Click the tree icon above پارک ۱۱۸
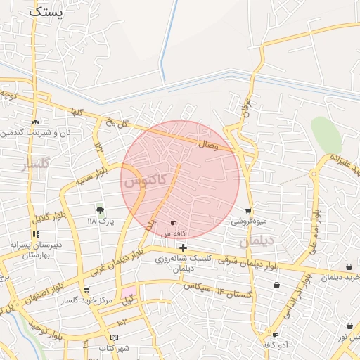[x=99, y=210]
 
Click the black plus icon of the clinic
[x=183, y=247]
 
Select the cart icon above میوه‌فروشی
[x=248, y=210]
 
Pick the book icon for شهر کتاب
[x=115, y=338]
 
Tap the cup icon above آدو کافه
[x=275, y=335]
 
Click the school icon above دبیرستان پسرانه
[x=35, y=234]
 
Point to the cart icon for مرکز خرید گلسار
[x=86, y=290]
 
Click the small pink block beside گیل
[x=129, y=292]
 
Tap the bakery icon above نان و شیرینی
[x=35, y=122]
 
